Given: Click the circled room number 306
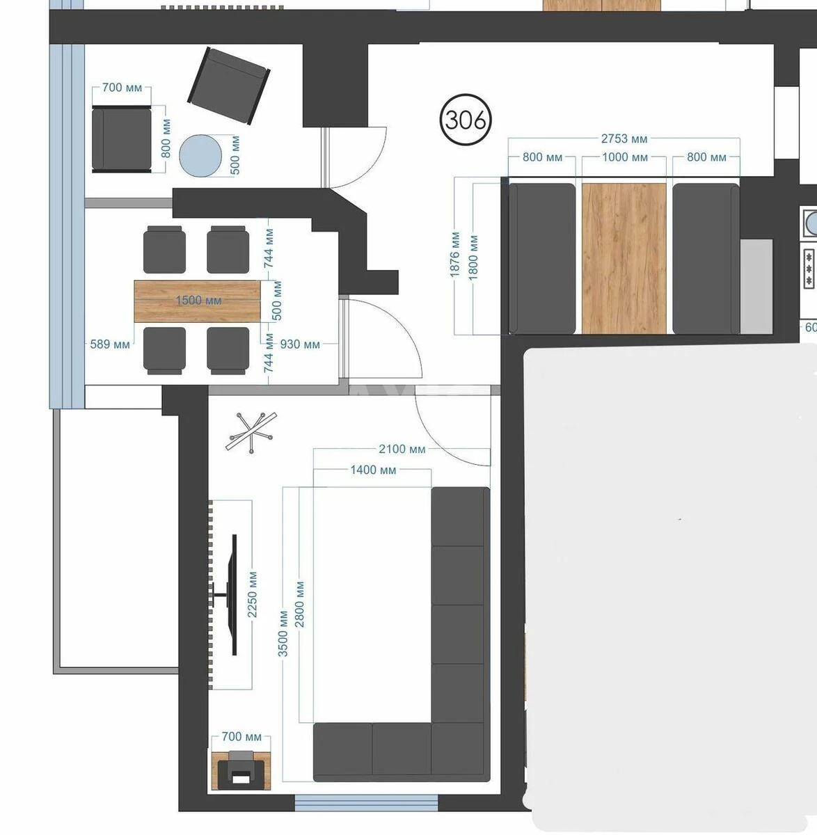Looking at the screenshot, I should pos(466,120).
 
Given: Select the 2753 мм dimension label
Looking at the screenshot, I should pos(624,138).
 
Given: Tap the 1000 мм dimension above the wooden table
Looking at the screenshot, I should pos(624,157).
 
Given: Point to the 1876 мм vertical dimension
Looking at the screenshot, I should pos(455,255).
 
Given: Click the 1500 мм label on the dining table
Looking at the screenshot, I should pos(198,301).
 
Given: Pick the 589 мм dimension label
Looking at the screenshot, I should pos(110,344).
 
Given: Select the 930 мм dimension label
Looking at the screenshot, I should pos(300,344).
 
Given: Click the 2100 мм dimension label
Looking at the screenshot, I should pos(402,449).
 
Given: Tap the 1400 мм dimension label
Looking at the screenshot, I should pos(373,470).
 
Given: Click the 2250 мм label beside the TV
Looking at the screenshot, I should pos(253,595).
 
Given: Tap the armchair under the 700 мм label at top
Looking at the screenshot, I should pos(122,139).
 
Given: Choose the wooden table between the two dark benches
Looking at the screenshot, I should pos(624,258).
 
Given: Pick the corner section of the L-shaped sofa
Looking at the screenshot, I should pos(459,749).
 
